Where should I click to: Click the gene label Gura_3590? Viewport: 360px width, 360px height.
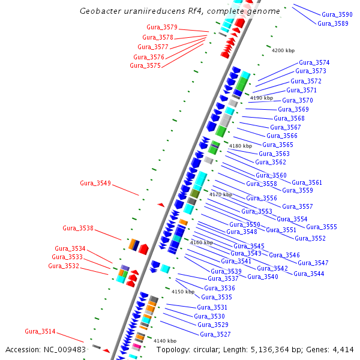click(337, 14)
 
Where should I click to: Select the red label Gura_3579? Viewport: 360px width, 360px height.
click(162, 27)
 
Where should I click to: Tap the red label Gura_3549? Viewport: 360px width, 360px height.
click(95, 183)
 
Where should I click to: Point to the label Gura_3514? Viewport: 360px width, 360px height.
click(40, 331)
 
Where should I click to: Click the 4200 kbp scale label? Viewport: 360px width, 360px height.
click(283, 50)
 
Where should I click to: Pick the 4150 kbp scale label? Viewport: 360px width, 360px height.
click(183, 292)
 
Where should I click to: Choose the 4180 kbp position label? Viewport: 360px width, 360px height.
click(241, 146)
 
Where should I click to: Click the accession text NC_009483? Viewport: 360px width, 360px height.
click(65, 349)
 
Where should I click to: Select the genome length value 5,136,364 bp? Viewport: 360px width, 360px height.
click(280, 349)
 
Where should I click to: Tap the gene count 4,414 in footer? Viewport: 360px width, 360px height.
click(343, 349)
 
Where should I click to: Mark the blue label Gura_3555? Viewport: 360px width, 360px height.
click(322, 227)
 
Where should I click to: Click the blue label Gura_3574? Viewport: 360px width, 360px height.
click(314, 62)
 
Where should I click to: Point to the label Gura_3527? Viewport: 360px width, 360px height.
click(215, 334)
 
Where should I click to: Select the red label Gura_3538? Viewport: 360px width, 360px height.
click(78, 228)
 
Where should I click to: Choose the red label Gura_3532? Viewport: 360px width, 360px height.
click(64, 266)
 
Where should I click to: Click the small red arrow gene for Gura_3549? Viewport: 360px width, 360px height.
click(160, 205)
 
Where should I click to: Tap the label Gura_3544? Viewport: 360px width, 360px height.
click(308, 274)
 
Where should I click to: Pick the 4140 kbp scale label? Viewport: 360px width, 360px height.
click(165, 341)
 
